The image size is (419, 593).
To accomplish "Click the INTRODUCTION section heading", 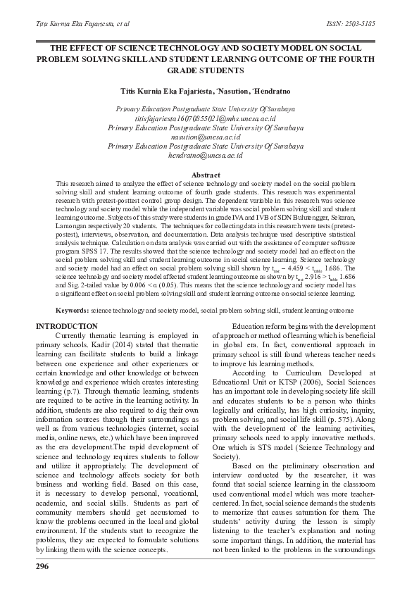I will [67, 326].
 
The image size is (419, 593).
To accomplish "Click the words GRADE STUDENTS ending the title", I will [206, 70].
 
